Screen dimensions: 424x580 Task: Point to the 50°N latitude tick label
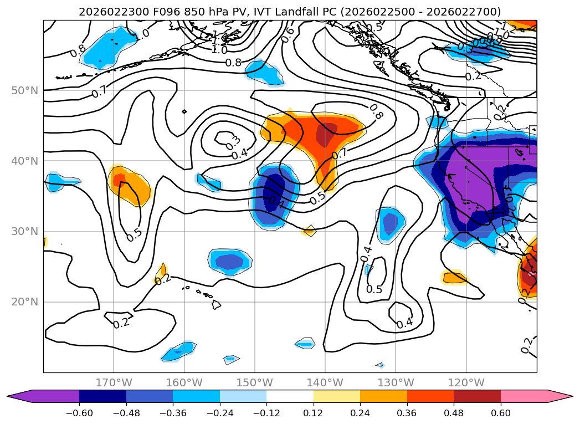click(25, 90)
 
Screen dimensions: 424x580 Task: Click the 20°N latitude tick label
click(25, 302)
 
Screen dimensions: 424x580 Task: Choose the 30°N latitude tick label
click(25, 232)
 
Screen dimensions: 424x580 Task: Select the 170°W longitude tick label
click(114, 382)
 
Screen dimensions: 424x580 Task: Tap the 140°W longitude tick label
click(325, 382)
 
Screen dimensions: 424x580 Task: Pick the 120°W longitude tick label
click(466, 382)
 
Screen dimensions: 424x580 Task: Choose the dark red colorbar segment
click(477, 396)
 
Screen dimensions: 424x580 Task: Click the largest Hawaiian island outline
click(215, 304)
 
